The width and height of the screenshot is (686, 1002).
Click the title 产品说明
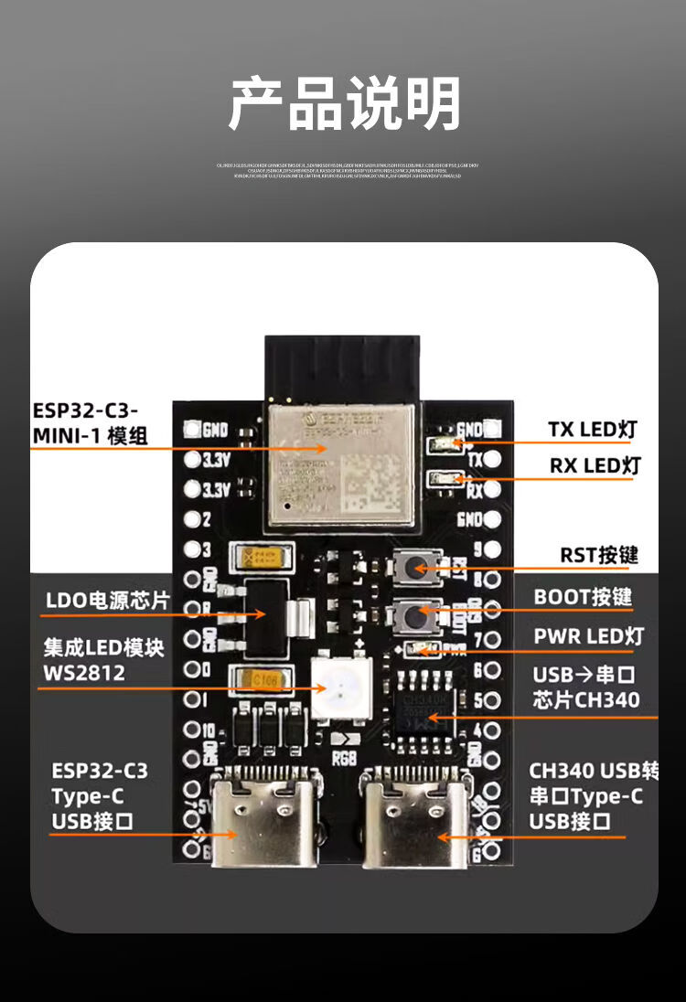click(343, 103)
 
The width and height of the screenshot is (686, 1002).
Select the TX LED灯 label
click(592, 429)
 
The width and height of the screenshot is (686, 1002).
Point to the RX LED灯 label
click(595, 465)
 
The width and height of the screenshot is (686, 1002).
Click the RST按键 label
click(599, 555)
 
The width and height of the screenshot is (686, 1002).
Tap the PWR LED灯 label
click(589, 635)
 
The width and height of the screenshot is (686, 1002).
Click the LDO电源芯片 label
click(108, 601)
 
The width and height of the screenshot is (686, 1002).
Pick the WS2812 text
click(84, 673)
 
